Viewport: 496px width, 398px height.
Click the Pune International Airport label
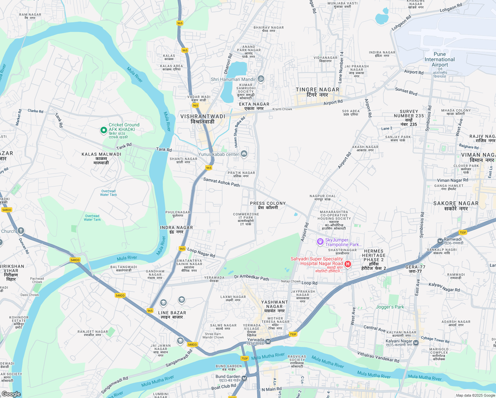coord(440,60)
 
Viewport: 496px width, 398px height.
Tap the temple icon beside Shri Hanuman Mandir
coord(261,79)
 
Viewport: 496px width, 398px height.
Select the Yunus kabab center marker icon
coord(244,154)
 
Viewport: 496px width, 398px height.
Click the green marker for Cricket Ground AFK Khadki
coord(103,131)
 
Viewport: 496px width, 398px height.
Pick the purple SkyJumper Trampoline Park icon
coord(320,242)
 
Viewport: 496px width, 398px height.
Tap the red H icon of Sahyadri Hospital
coord(347,264)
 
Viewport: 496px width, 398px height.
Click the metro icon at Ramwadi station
coord(440,241)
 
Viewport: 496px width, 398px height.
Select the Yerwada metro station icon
coord(268,341)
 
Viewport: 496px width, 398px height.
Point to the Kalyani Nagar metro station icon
coord(416,343)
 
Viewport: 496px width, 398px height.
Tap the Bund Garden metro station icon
coord(244,378)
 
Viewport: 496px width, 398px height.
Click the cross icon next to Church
coord(21,231)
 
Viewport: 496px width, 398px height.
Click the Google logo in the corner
coord(11,394)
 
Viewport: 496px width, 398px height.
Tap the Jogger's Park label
coord(390,307)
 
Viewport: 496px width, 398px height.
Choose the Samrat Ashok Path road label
coord(221,182)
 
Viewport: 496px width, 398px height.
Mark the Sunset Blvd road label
coord(406,92)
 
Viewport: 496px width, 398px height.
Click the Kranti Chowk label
coord(282,109)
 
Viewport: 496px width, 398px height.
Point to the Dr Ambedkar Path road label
coord(251,277)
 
